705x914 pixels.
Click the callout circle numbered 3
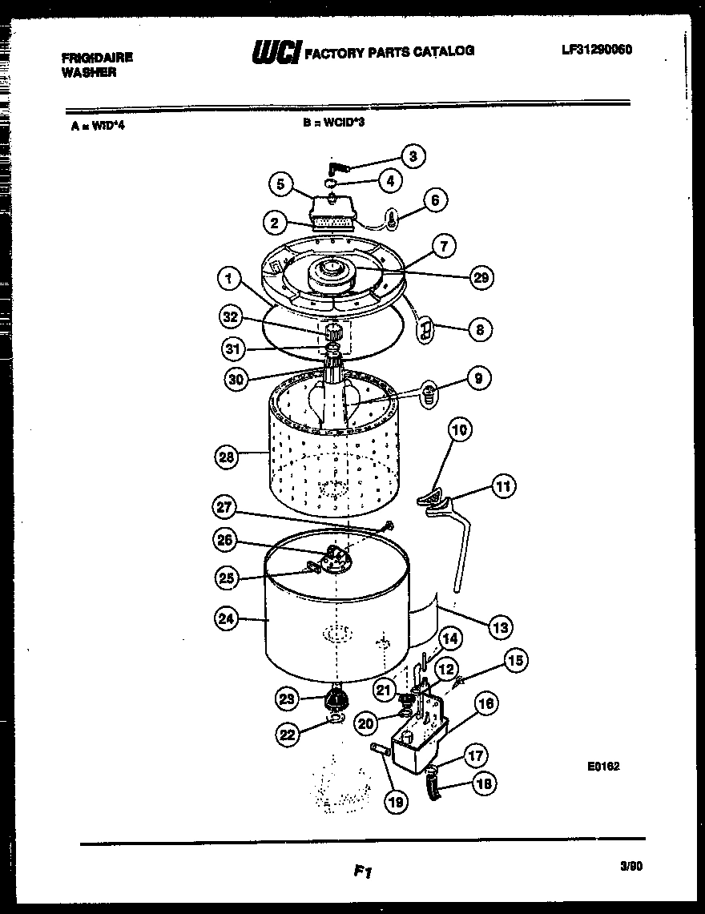click(412, 156)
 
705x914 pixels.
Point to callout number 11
click(503, 485)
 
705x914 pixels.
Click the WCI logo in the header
click(276, 52)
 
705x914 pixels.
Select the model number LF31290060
click(597, 49)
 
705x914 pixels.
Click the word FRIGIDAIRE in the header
click(97, 58)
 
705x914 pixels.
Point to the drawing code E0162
click(603, 766)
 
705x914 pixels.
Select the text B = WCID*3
click(333, 123)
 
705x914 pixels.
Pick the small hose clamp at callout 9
click(429, 393)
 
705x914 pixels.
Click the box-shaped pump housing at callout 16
click(414, 742)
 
